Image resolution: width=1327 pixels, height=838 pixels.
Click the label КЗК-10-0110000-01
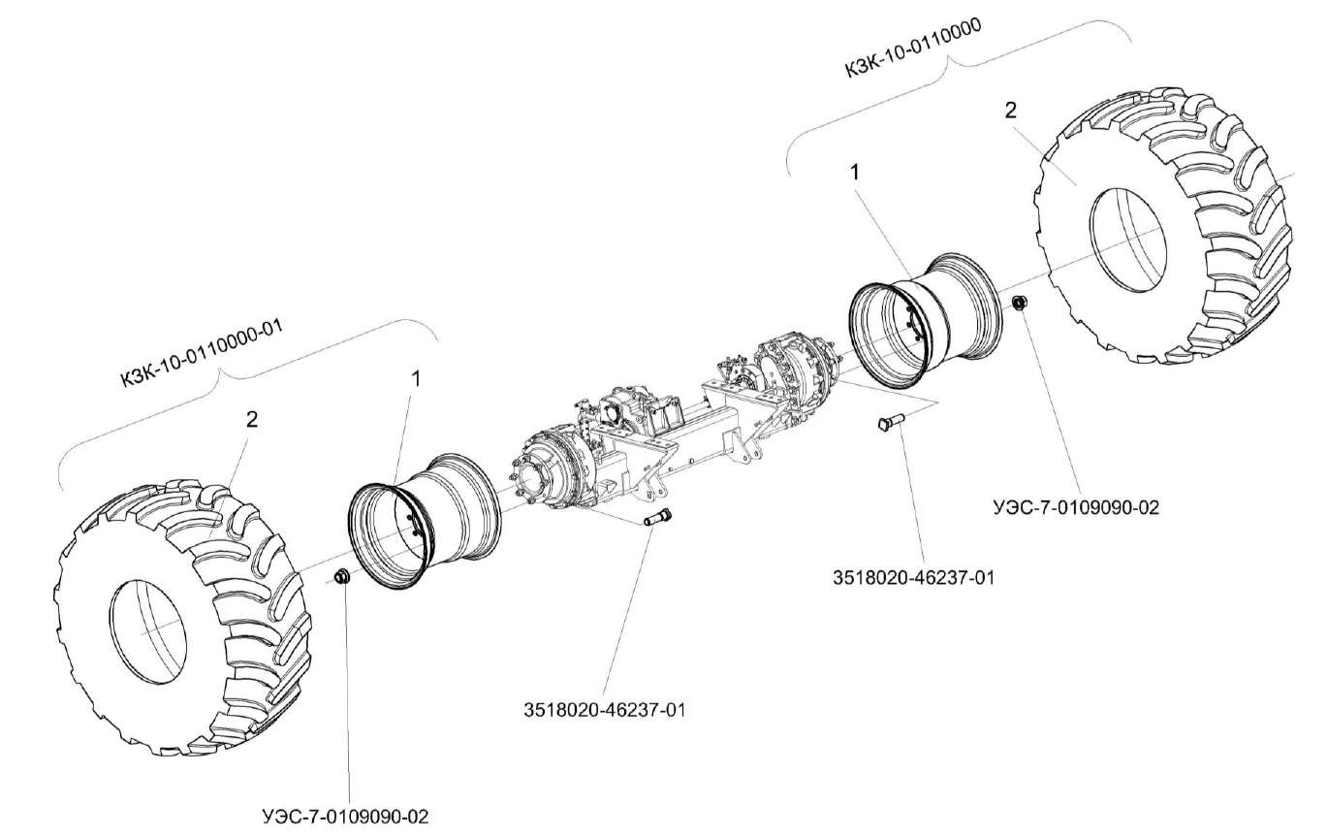click(201, 354)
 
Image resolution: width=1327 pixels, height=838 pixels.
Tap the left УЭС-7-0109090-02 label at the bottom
click(345, 816)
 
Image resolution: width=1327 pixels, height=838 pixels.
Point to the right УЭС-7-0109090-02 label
click(1076, 506)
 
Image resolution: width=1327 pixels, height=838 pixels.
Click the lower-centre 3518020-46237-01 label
click(603, 709)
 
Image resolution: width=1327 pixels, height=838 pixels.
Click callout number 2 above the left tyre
click(252, 420)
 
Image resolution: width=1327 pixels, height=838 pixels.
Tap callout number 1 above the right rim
click(855, 171)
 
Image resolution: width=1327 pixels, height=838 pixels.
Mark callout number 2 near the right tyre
click(1010, 111)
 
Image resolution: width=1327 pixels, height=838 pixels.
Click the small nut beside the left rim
click(341, 579)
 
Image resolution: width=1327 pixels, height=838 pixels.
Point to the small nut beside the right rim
click(1019, 305)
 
